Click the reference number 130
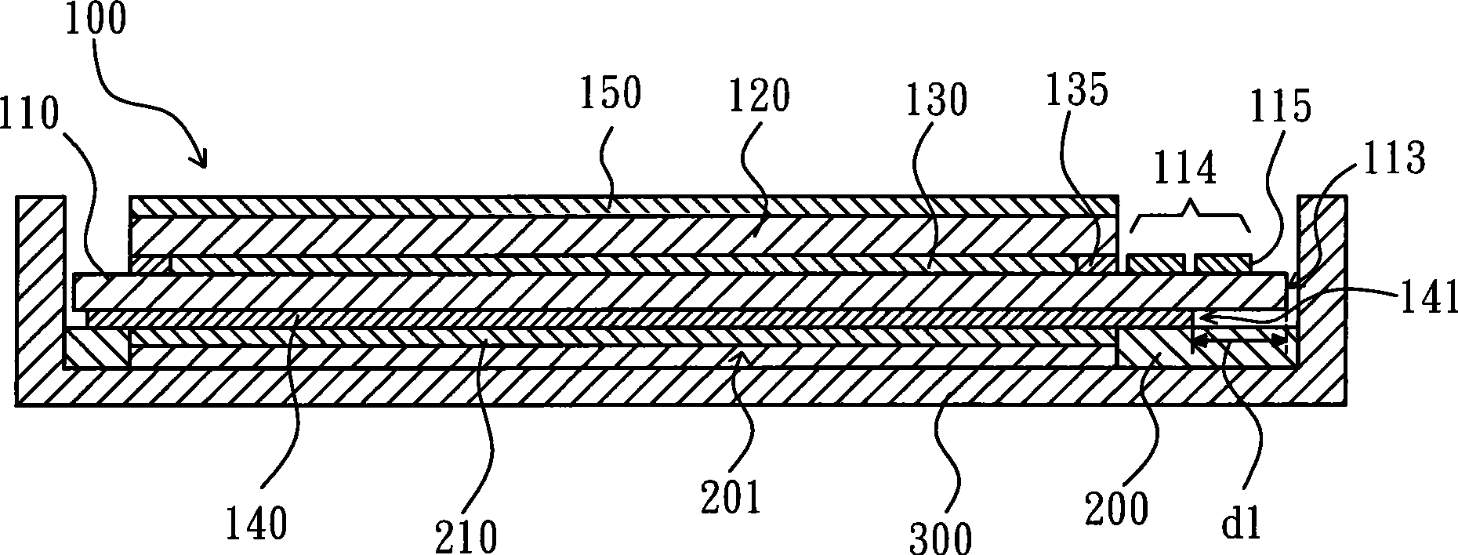[935, 100]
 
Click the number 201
[731, 499]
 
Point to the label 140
[256, 523]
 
